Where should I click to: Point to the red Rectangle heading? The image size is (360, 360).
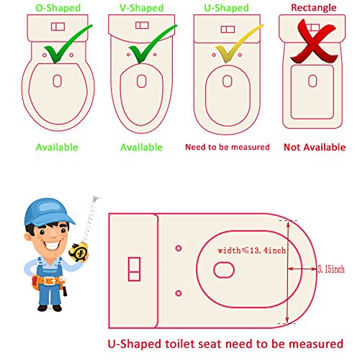click(x=312, y=6)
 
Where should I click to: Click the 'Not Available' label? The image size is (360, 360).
click(x=314, y=147)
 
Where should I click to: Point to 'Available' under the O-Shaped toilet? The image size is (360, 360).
click(x=57, y=147)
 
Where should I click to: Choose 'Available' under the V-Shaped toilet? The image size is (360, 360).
click(x=142, y=147)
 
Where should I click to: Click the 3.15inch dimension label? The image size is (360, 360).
click(x=330, y=269)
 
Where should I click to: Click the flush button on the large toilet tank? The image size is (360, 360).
click(x=133, y=270)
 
